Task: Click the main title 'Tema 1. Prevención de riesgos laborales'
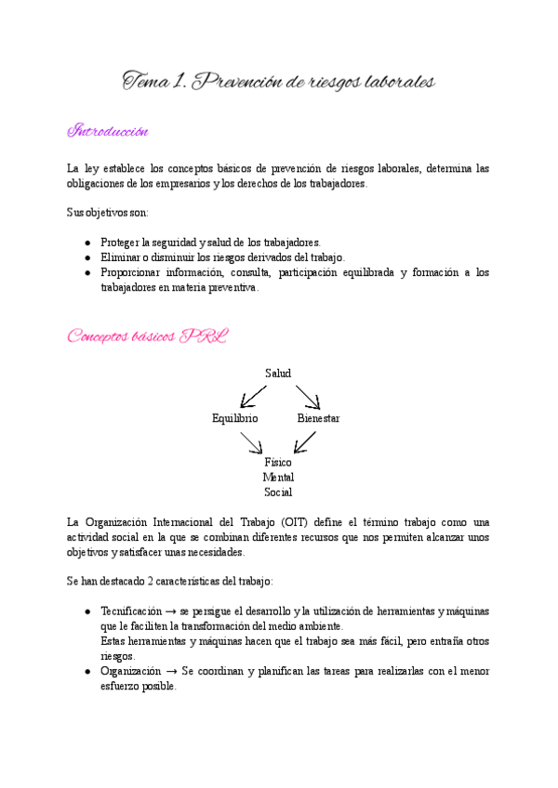click(279, 83)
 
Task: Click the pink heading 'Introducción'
click(108, 131)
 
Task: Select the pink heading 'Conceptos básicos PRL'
click(147, 335)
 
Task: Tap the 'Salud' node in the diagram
click(278, 374)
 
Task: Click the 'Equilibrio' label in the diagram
click(235, 419)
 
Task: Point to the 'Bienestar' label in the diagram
click(318, 419)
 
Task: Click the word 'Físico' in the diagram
click(278, 462)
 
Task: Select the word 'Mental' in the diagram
click(278, 477)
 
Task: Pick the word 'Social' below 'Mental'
click(278, 492)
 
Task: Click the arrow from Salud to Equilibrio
click(253, 395)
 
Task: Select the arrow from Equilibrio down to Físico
click(251, 442)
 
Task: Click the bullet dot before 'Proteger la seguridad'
click(86, 242)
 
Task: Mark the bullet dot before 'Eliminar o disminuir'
click(86, 257)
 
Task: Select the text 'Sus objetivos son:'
click(107, 212)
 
